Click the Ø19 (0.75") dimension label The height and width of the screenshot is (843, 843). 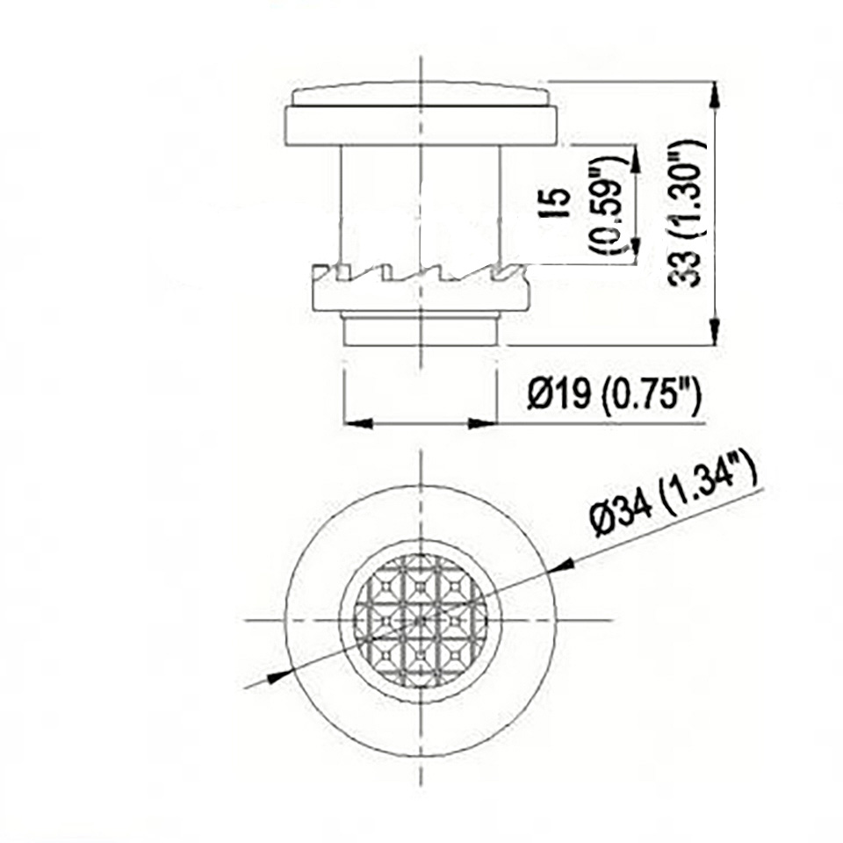pyautogui.click(x=615, y=396)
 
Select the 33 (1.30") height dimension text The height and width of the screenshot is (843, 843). pyautogui.click(x=685, y=213)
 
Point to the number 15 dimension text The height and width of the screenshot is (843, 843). pyautogui.click(x=559, y=203)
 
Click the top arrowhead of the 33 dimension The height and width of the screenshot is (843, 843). pyautogui.click(x=714, y=95)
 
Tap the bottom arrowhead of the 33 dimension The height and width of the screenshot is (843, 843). pyautogui.click(x=714, y=332)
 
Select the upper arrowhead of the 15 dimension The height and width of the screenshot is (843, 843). pyautogui.click(x=636, y=158)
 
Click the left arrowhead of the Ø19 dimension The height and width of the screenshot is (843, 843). pyautogui.click(x=358, y=423)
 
